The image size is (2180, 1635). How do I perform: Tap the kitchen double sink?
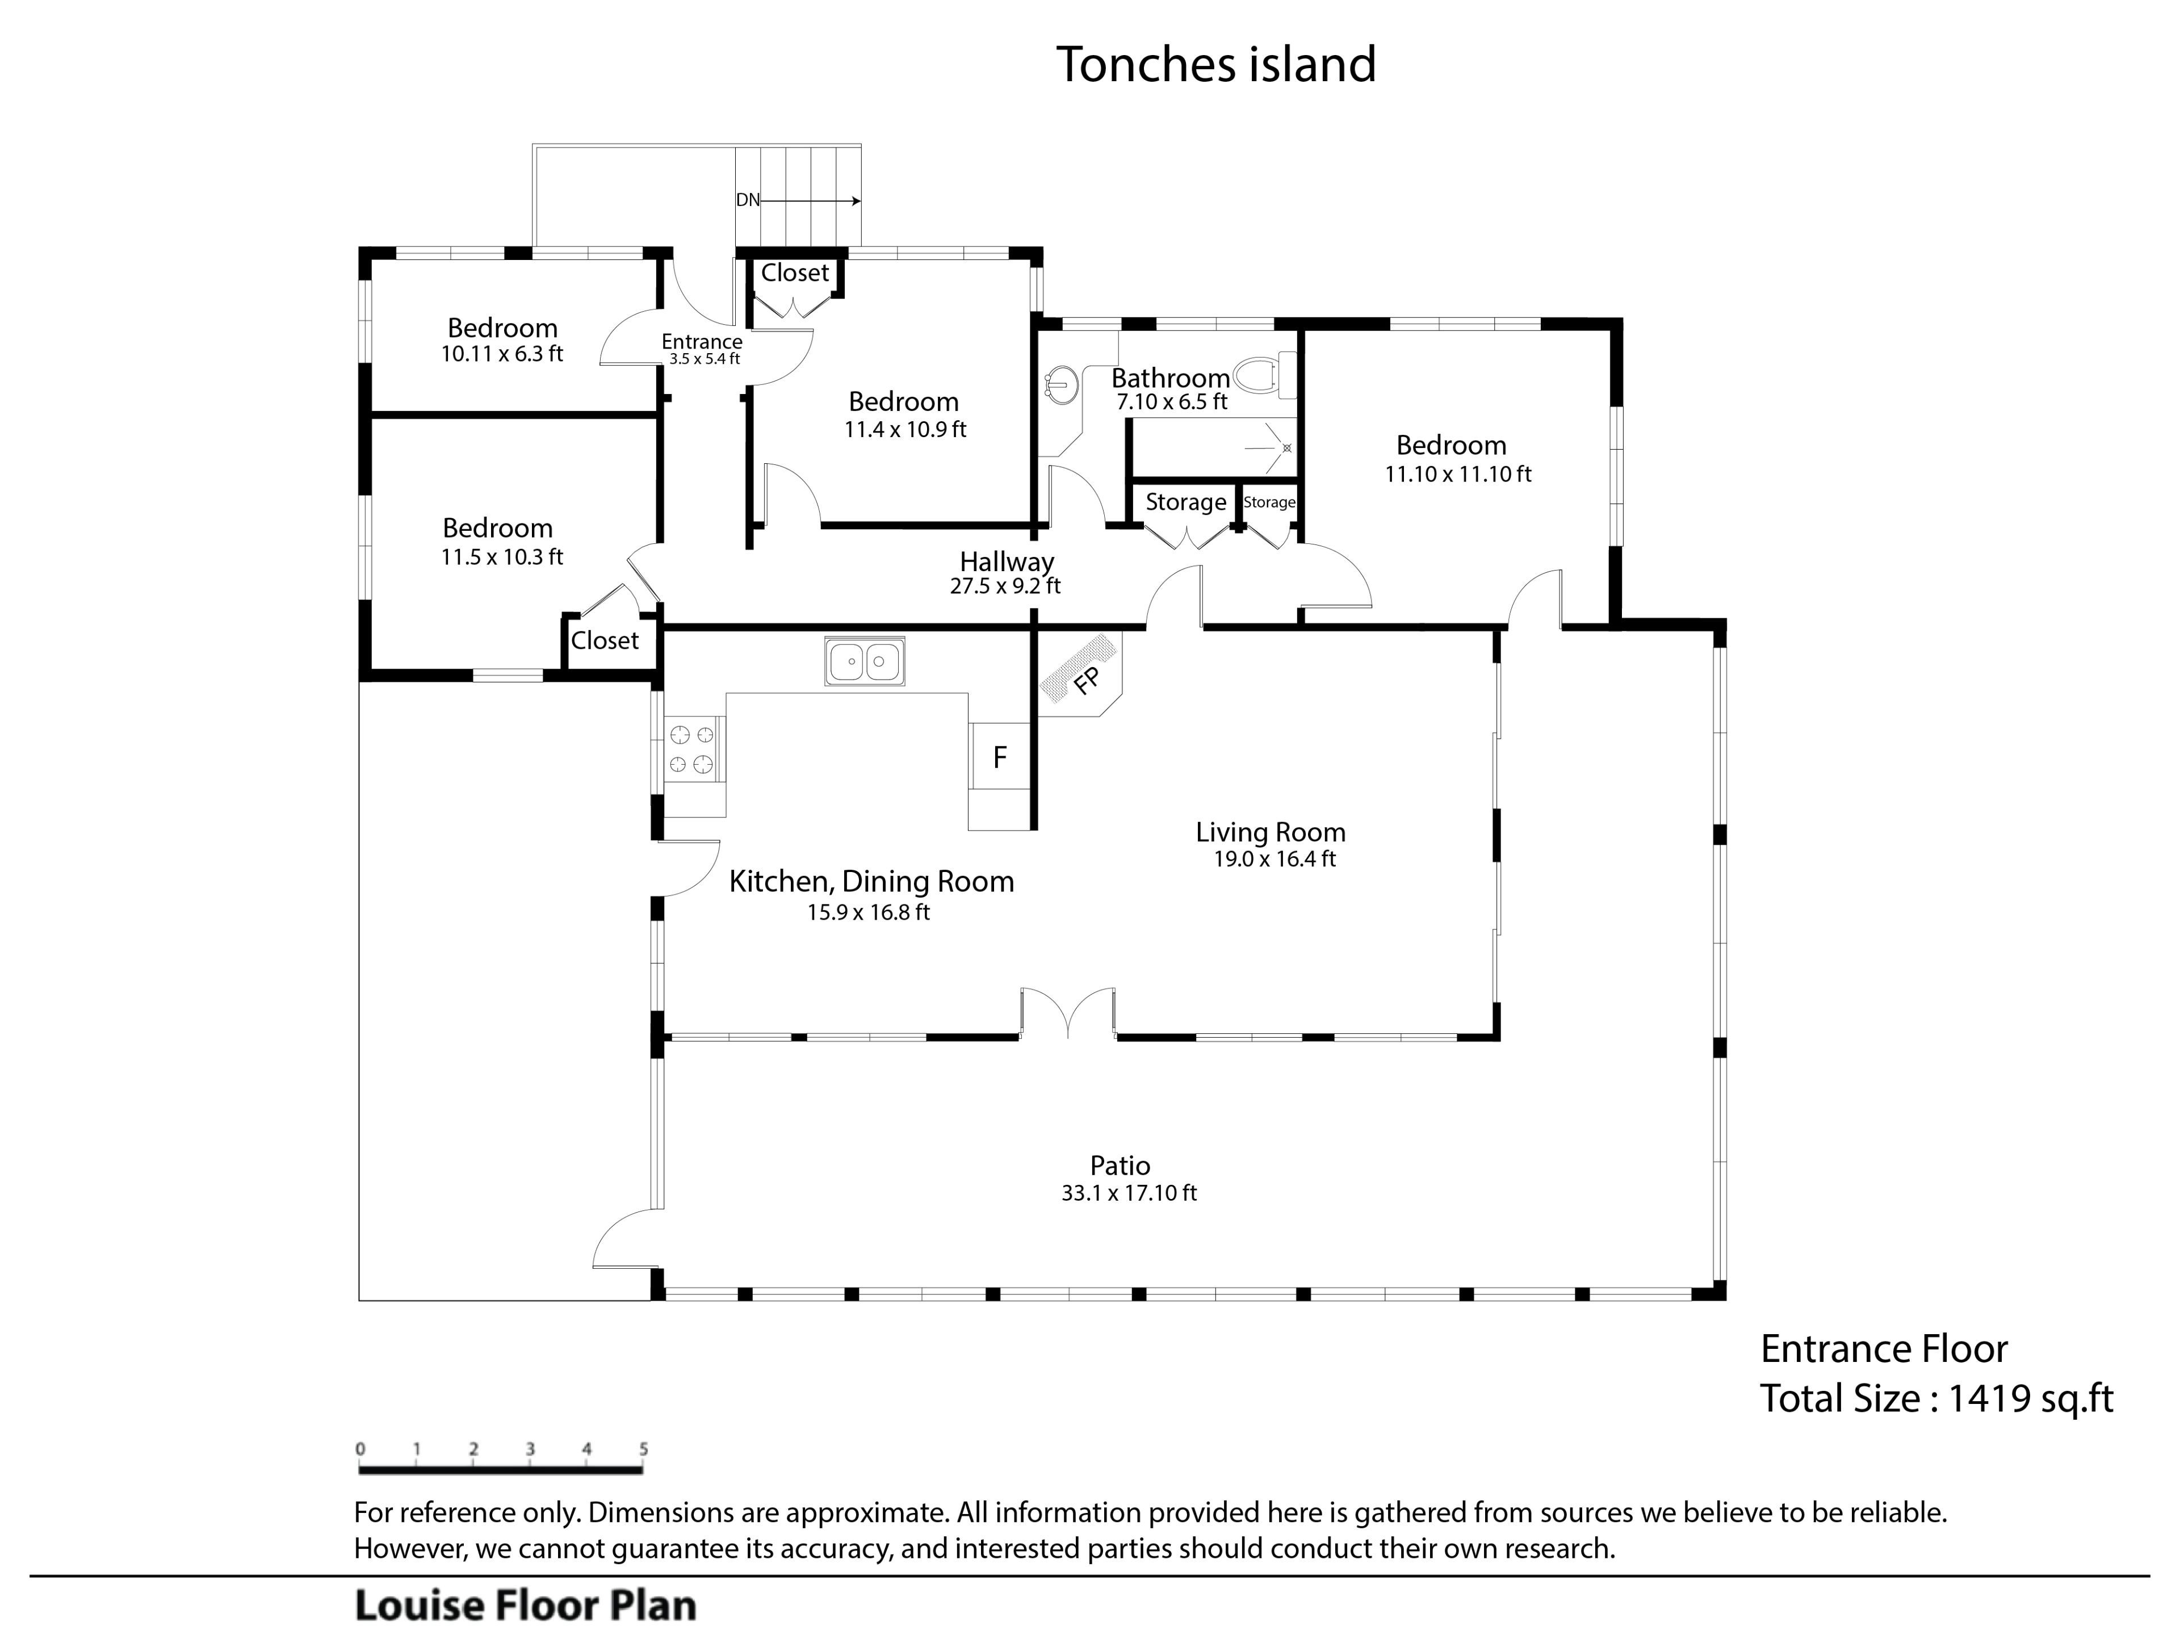[x=864, y=660]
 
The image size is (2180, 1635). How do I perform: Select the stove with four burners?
[x=692, y=749]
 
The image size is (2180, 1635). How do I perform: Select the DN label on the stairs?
[x=748, y=200]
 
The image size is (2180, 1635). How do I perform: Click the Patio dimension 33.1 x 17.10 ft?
[x=1129, y=1193]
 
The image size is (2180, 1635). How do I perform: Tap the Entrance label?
[x=702, y=342]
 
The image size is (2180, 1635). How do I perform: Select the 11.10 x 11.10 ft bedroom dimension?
[x=1458, y=474]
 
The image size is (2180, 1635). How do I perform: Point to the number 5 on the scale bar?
[x=644, y=1449]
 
